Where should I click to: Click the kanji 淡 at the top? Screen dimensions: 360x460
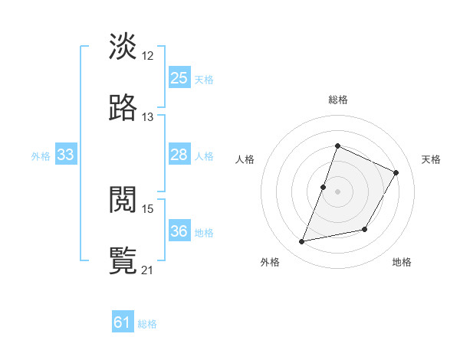[x=123, y=47]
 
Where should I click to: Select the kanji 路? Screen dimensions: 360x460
[x=123, y=108]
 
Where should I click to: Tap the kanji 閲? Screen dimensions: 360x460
[x=123, y=200]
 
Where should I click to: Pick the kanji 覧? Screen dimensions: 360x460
[x=123, y=260]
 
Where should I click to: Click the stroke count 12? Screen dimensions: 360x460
[x=148, y=55]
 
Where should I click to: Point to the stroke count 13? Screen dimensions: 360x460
[x=148, y=116]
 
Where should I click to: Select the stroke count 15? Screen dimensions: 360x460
[x=148, y=208]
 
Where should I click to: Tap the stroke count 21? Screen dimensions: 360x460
[x=148, y=270]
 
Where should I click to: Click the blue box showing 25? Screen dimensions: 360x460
[x=179, y=78]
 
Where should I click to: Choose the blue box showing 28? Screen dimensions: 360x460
[x=179, y=155]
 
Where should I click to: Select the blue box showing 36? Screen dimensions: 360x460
[x=179, y=231]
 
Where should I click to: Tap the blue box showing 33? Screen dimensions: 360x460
[x=66, y=155]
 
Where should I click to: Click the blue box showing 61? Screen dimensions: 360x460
[x=123, y=322]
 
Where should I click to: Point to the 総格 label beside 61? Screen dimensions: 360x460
[x=147, y=324]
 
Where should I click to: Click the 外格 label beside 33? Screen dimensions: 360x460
[x=41, y=156]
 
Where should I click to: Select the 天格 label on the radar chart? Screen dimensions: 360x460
[x=431, y=159]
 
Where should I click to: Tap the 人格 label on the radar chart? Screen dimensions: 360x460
[x=245, y=159]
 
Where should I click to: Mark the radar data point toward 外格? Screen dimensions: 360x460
[x=302, y=242]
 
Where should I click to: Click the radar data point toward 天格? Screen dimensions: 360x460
[x=396, y=173]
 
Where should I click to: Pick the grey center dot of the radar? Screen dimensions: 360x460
[x=337, y=191]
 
